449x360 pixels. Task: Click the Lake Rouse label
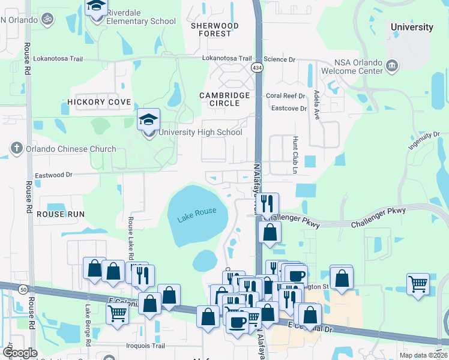tap(196, 219)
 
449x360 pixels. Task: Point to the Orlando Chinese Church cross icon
tap(16, 148)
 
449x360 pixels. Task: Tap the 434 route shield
tap(257, 68)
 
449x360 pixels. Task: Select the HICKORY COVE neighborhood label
tap(99, 103)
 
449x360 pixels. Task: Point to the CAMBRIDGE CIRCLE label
tap(224, 100)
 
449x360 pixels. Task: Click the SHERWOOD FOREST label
tap(214, 29)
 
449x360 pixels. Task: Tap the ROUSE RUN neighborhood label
tap(61, 214)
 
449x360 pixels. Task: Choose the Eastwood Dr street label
tap(53, 175)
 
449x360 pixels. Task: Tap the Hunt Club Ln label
tap(295, 154)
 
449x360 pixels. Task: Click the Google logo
tap(20, 353)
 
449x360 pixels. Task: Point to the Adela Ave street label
tap(316, 106)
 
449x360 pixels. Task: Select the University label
tap(411, 27)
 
